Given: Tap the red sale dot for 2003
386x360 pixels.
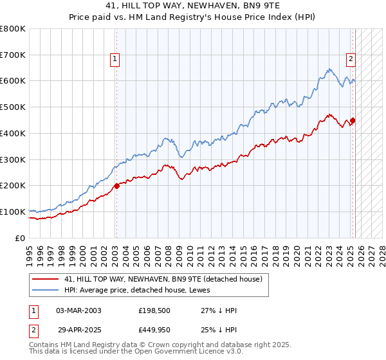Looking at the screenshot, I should coord(116,186).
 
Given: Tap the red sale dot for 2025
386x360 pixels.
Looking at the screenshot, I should coord(353,120).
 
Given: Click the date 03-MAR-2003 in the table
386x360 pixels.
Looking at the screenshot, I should coord(78,310).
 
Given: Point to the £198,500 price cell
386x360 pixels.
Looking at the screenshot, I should coord(154,310).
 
